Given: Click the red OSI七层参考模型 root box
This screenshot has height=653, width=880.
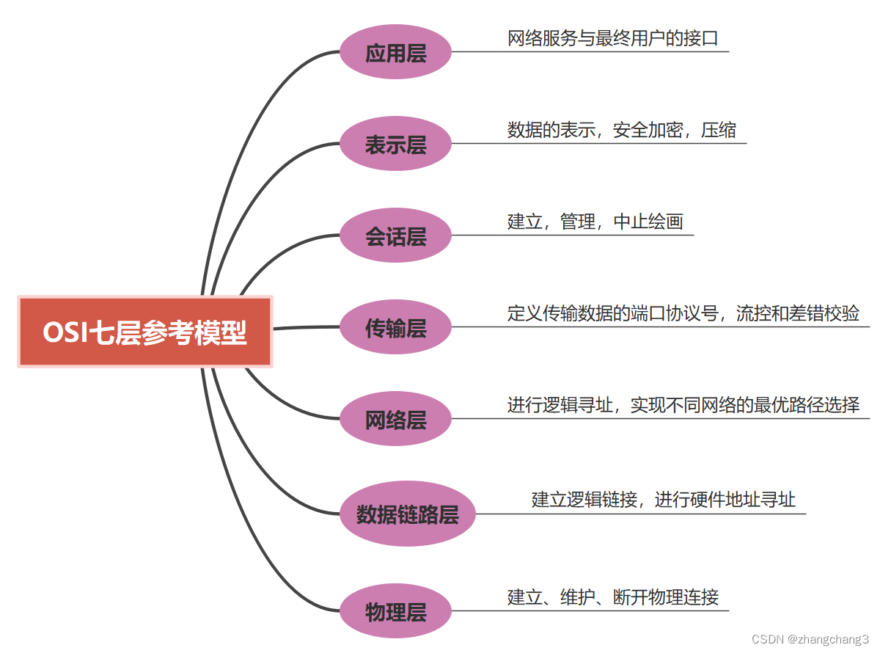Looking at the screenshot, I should point(145,332).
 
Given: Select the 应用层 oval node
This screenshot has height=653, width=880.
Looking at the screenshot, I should point(395,52).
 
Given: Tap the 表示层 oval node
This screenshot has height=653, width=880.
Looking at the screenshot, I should point(395,144).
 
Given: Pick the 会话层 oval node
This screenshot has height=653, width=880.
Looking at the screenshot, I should point(395,236).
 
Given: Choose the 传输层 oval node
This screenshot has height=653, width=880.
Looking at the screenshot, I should point(395,327).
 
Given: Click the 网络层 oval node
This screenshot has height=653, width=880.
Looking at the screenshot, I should point(395,419).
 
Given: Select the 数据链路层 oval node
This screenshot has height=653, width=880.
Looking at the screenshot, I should point(407,514).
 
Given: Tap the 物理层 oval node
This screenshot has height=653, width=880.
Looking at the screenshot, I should point(395,610).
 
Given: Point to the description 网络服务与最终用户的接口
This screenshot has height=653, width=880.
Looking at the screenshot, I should point(612,38).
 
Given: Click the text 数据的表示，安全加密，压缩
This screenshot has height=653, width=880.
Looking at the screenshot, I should point(621,130).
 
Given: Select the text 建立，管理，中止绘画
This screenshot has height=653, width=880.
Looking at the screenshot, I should point(595,222).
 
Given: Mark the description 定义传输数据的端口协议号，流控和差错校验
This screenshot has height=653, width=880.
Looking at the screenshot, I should point(683,313).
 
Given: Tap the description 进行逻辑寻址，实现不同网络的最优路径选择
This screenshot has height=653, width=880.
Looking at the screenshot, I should point(683,405).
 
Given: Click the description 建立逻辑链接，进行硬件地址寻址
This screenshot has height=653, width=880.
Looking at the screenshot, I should point(663,500).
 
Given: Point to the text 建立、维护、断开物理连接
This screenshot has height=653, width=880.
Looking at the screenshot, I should point(612,597).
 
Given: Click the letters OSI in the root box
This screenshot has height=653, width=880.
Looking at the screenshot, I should point(65,332).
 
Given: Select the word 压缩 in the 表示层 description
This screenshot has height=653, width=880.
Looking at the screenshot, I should point(718,130).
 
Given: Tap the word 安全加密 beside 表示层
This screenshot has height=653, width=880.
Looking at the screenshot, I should point(648,130).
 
